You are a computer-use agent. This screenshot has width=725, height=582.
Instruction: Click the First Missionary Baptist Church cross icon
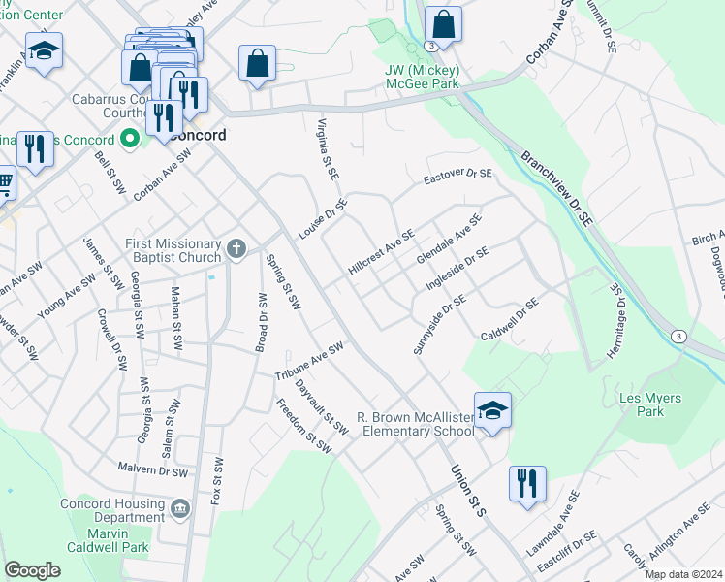236,251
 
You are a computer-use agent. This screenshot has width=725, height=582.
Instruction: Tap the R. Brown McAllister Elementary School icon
492,409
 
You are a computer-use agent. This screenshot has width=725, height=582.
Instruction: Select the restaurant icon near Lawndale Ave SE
527,483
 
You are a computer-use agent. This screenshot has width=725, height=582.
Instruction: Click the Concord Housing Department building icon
179,508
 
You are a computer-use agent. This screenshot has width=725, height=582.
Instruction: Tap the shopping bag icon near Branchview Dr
443,26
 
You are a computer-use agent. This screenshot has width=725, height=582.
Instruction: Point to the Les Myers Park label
649,404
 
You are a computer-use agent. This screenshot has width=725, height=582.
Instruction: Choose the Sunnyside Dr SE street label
434,325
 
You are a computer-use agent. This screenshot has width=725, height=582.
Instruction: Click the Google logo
32,570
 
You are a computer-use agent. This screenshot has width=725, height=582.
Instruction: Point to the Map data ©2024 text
682,574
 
